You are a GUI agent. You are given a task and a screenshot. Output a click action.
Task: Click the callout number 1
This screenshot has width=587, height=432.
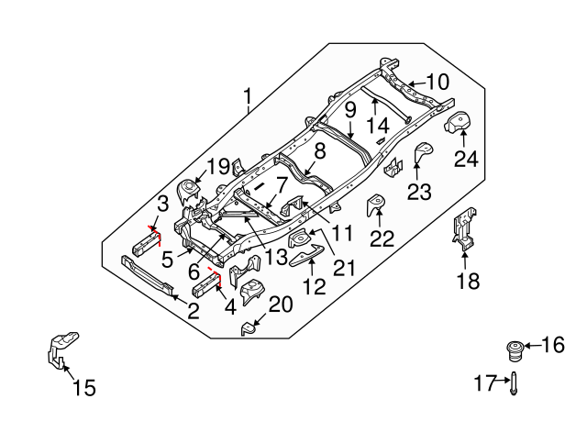click(248, 96)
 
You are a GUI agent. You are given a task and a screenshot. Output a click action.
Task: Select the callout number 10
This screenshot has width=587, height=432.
click(437, 83)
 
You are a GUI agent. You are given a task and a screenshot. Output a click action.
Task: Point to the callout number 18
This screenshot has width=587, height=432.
click(468, 281)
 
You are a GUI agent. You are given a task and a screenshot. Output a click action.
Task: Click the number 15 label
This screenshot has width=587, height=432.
click(83, 388)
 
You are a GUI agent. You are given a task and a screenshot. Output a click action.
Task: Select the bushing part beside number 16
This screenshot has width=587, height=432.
click(515, 349)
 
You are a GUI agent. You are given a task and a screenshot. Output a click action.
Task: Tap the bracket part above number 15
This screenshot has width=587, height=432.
click(57, 351)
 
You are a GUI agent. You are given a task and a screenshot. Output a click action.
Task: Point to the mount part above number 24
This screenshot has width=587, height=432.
click(458, 123)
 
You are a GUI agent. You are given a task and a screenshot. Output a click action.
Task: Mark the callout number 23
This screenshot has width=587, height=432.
click(418, 191)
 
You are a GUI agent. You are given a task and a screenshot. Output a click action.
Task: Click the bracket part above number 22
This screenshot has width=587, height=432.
click(376, 206)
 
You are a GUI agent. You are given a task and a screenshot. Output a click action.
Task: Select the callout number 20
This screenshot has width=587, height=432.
click(281, 305)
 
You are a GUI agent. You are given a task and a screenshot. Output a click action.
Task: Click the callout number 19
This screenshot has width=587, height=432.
click(216, 167)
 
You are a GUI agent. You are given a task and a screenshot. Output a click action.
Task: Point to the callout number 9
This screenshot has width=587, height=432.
click(349, 113)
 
